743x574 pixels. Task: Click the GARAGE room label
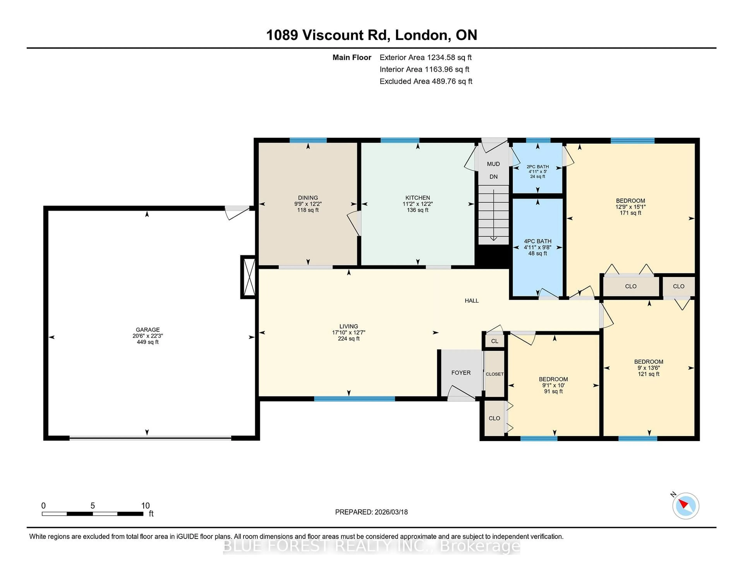[x=148, y=330]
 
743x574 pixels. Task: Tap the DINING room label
[x=308, y=198]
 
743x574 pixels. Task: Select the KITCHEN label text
[x=417, y=198]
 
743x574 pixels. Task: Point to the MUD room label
[x=493, y=164]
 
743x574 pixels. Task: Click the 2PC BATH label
[x=538, y=167]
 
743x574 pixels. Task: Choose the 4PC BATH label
[x=538, y=241]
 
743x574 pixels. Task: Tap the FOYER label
[x=461, y=373]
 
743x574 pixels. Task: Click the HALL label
[x=472, y=301]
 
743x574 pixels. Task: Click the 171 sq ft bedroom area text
[x=630, y=213]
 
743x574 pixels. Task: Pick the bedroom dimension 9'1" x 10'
[x=553, y=385]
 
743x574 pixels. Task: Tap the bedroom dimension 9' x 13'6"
[x=648, y=368]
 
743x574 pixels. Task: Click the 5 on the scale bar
[x=92, y=506]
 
